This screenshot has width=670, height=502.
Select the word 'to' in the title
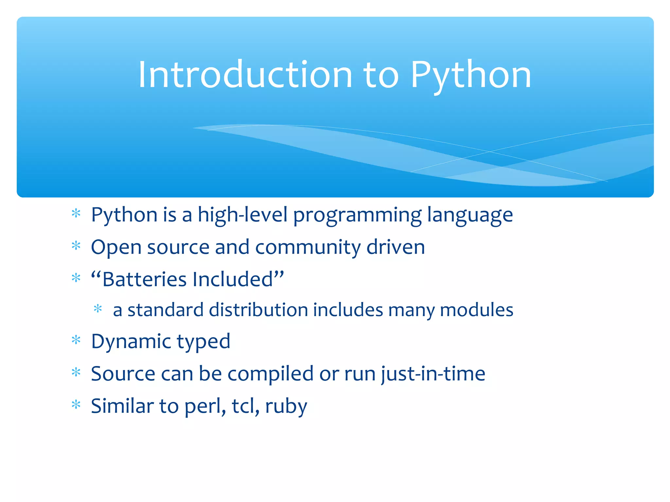(x=381, y=75)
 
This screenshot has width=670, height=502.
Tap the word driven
(x=396, y=247)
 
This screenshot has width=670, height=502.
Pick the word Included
(x=233, y=279)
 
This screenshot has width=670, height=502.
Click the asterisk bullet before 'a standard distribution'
(x=98, y=309)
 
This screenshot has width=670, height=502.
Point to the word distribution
(x=258, y=310)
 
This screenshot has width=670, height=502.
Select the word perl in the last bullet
(x=204, y=406)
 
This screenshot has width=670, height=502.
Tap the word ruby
(x=286, y=406)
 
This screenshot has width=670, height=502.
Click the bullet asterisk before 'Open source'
(x=76, y=245)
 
